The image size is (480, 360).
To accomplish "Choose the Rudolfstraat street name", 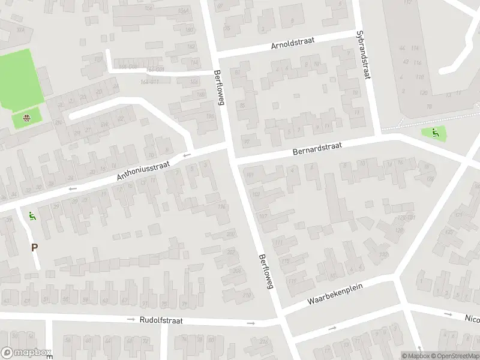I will (161, 321).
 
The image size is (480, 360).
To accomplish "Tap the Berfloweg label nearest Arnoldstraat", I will (218, 88).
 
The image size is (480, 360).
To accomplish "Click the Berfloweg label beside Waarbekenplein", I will (266, 272).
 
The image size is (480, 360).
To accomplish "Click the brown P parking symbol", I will (34, 247).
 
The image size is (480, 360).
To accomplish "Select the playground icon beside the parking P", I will (32, 216).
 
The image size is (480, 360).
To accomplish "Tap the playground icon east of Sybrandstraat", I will (436, 133).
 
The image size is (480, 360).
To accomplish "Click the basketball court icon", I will (26, 118).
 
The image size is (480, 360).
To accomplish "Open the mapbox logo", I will (25, 353).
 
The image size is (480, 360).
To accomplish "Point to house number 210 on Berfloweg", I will (246, 295).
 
